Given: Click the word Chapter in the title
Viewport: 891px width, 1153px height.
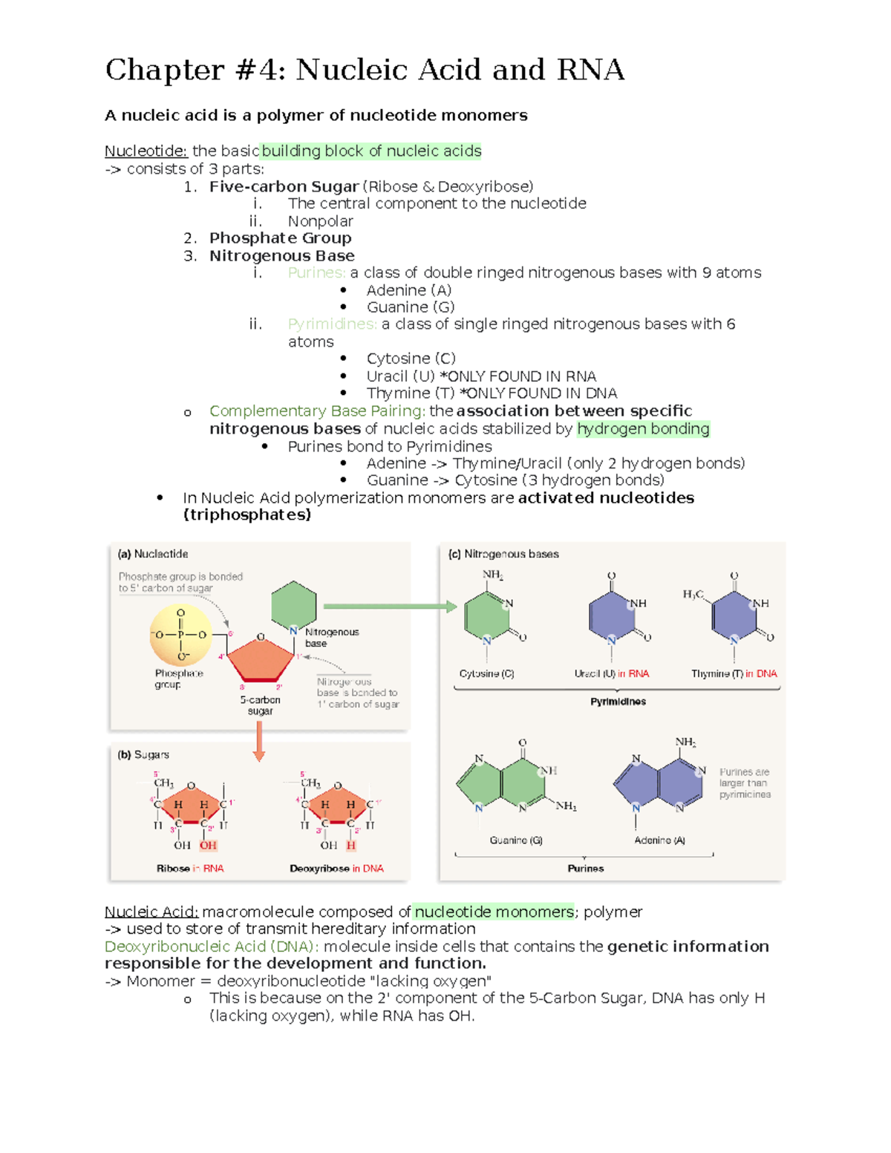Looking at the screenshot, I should click(164, 71).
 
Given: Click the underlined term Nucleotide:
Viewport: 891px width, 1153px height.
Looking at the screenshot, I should click(146, 151).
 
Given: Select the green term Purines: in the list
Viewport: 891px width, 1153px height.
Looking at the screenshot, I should click(316, 272).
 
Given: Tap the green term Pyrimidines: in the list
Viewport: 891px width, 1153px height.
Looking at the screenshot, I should click(332, 324).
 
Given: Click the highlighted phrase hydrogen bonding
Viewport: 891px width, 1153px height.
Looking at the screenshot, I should click(643, 429).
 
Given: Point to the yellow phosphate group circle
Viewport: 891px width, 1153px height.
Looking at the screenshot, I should click(181, 635).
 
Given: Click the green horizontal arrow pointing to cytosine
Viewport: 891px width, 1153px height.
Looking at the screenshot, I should click(390, 607).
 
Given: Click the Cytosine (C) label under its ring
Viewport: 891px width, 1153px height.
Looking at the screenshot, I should click(486, 674).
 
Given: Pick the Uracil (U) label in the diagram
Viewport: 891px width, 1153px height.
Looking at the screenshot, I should click(594, 674).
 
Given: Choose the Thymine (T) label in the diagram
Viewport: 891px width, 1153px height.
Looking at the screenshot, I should click(717, 674).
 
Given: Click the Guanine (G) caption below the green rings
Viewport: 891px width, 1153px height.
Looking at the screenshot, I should click(516, 840).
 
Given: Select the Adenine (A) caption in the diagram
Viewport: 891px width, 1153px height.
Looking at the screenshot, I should click(659, 840).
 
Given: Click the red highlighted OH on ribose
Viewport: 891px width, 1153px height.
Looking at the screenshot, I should click(208, 846).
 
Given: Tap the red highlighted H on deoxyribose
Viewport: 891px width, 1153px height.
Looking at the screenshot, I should click(351, 846).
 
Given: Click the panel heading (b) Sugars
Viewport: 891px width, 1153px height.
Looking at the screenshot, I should click(143, 755).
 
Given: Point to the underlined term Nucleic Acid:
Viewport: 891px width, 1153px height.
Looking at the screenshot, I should click(151, 912).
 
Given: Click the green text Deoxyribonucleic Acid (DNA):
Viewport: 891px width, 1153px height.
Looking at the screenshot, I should click(212, 947).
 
